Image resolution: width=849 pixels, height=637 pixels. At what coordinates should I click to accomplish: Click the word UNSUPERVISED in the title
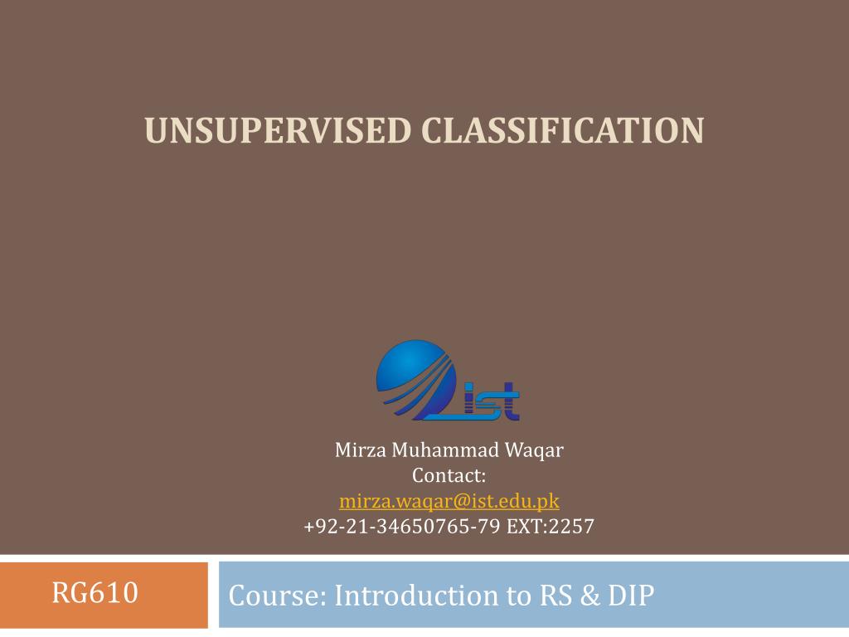tap(278, 130)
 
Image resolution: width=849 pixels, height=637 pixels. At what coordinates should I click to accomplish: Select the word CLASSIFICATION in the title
tap(563, 130)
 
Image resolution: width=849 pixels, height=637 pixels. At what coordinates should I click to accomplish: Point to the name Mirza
tap(361, 450)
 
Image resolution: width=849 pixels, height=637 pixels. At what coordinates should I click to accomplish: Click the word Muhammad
tap(445, 450)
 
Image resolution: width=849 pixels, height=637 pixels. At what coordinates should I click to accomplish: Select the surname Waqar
tap(534, 450)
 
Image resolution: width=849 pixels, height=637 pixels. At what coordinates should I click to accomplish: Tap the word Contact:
tap(449, 475)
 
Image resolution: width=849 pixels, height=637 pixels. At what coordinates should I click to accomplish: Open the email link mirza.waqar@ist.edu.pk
tap(449, 501)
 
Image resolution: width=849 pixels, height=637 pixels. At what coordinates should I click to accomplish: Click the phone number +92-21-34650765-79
tap(402, 526)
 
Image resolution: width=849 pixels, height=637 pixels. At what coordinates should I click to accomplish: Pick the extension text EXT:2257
tap(551, 526)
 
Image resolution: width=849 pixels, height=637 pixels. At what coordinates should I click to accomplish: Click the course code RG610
tap(95, 592)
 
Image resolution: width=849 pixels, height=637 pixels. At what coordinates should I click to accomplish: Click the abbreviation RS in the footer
tap(555, 596)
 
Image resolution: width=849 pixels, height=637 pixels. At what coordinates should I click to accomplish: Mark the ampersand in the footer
tap(590, 596)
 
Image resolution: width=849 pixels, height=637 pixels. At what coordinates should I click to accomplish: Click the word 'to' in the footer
tap(519, 596)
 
